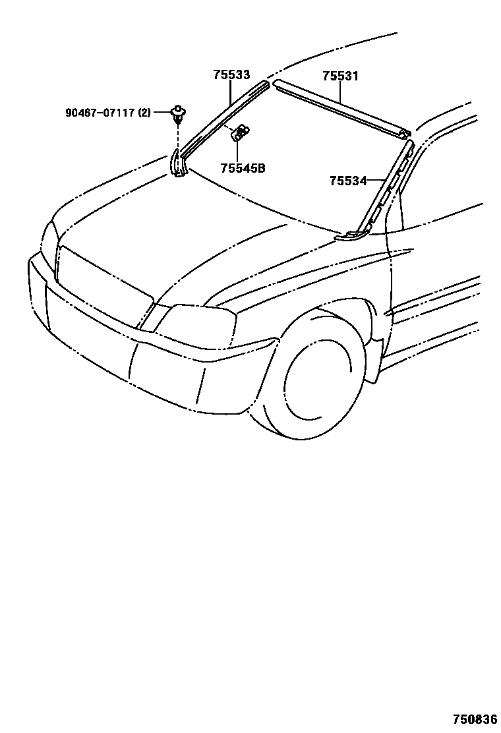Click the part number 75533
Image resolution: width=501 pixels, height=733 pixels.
coord(231,75)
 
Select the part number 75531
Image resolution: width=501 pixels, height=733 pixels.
coord(340,76)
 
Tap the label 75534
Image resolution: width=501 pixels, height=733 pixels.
coord(348,181)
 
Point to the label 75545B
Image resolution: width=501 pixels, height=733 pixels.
coord(243,169)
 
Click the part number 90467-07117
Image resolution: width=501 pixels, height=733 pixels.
coord(100,113)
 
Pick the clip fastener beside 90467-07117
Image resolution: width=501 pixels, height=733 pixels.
coord(177,113)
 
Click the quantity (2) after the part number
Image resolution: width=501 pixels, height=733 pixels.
coord(144,113)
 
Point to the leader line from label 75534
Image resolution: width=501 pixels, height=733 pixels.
coord(377,180)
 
